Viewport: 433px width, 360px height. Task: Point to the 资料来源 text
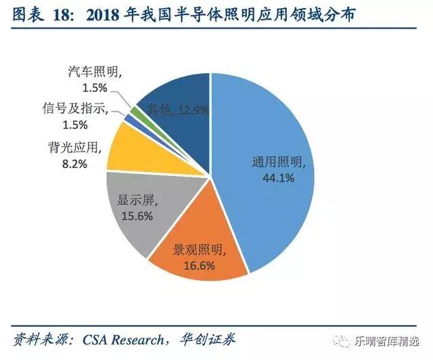coord(41,339)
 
